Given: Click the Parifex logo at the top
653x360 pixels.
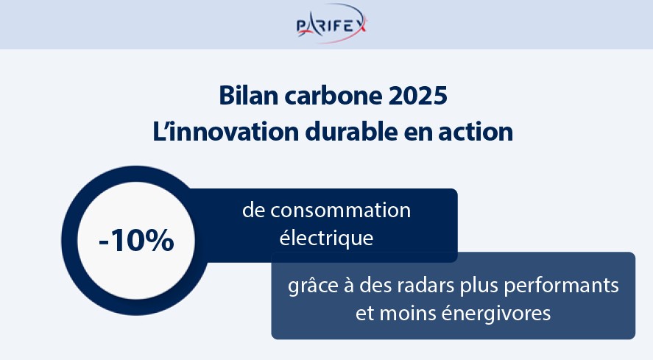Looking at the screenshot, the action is (332, 24).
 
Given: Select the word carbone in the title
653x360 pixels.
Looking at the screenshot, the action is (333, 96).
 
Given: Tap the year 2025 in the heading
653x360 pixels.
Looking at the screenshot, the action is (417, 96).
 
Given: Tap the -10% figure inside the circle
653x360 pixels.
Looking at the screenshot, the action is (136, 241).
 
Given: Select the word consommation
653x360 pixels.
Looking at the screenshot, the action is (340, 211).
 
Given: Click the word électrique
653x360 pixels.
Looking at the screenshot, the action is (326, 239).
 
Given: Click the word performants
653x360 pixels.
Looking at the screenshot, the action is (562, 286).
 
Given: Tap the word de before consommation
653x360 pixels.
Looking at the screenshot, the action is (253, 211).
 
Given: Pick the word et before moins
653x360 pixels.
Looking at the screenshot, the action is (365, 314).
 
